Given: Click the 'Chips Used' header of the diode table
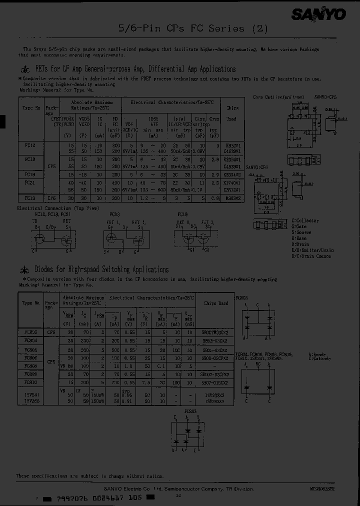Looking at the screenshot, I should pos(216,303).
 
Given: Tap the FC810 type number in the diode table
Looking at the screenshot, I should pos(29,382).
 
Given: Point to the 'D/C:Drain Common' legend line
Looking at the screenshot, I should pos(311,256).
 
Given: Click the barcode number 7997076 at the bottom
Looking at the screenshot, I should pos(72,497).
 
